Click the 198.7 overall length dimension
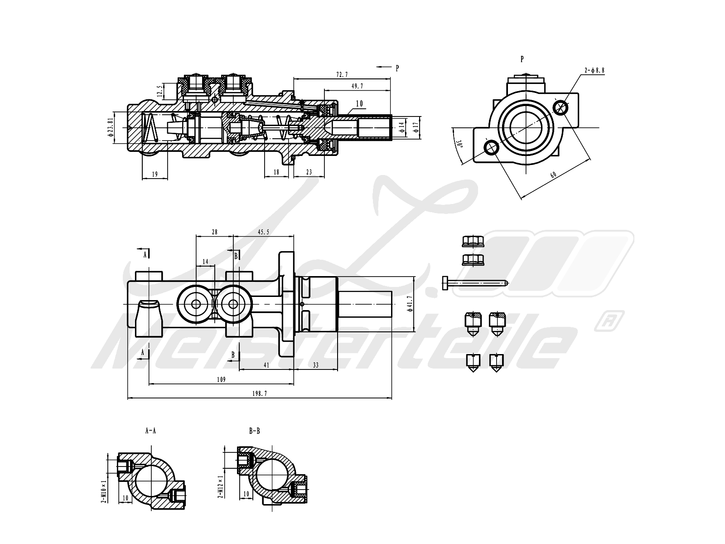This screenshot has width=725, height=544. coord(260,393)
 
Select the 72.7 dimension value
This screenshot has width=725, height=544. coord(342,75)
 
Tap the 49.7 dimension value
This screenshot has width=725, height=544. coord(357,86)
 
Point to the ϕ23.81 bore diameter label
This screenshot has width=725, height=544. coord(111,127)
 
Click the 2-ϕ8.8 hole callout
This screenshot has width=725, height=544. coord(594,70)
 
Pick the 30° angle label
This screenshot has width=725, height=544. coord(459,144)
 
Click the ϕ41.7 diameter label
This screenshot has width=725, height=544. coord(410,304)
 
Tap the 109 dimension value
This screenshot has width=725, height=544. coord(221,379)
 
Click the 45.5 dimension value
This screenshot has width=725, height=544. coord(263,232)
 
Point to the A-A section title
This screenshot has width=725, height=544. coord(150,431)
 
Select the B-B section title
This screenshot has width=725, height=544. coord(255,431)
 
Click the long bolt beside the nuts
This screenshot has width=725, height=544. coord(475,283)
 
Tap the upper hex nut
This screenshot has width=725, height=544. coord(473,242)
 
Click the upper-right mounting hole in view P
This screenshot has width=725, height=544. coord(561,108)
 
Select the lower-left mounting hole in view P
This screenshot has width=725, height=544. coord(491,147)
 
